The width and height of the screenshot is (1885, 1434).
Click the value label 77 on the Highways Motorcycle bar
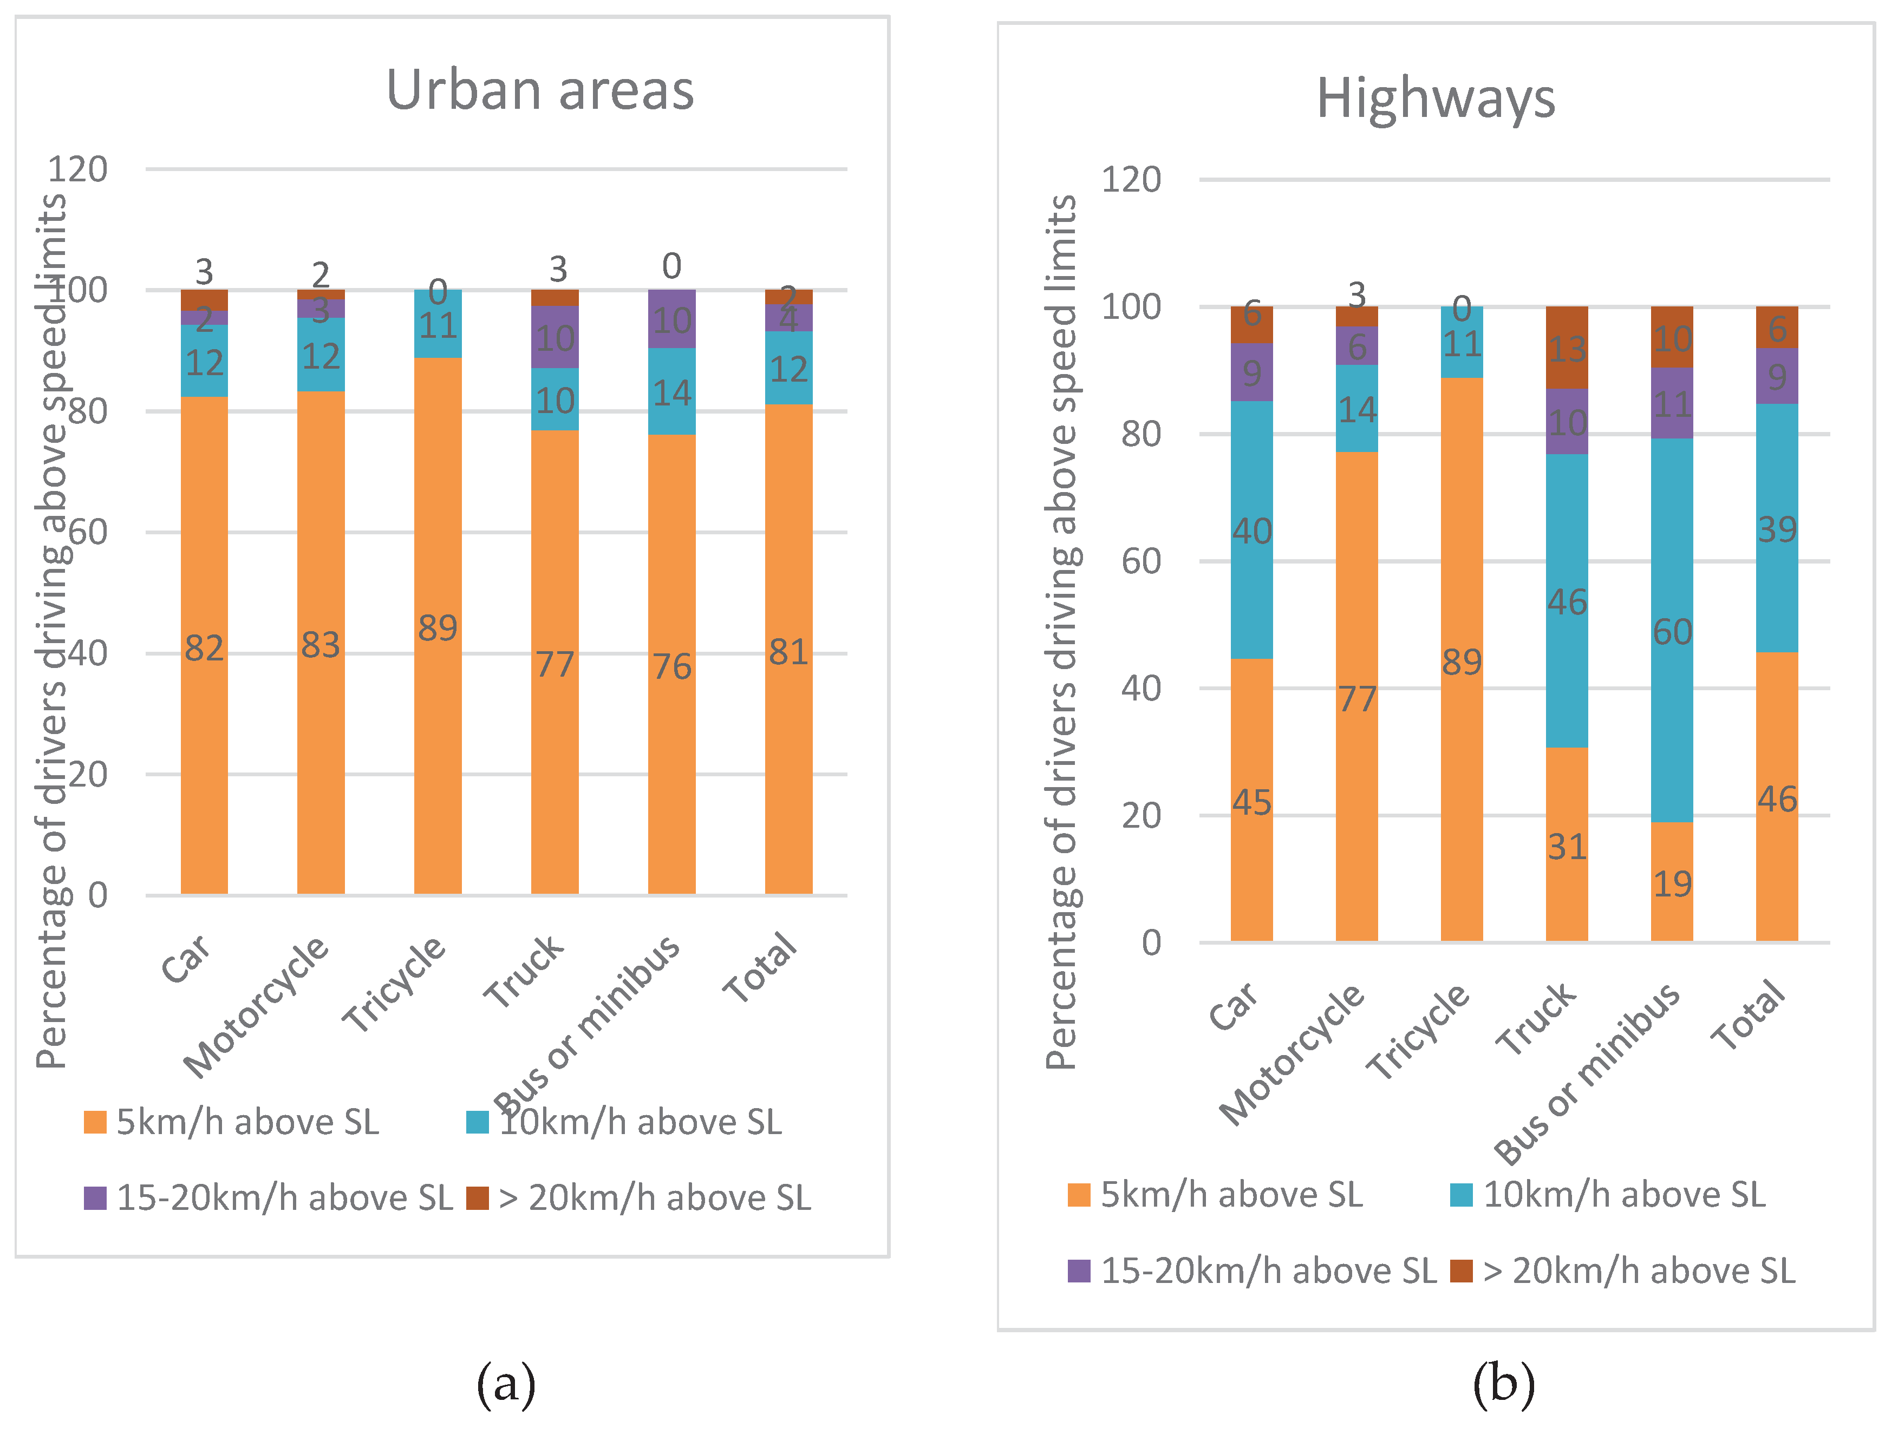tap(1356, 699)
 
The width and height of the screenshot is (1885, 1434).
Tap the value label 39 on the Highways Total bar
tap(1777, 530)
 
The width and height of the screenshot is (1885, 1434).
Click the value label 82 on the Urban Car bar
tap(204, 649)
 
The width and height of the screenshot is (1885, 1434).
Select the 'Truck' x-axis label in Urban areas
tap(523, 971)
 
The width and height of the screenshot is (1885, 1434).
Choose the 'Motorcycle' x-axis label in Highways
tap(1291, 1054)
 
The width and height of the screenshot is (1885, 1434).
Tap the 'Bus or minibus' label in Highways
tap(1586, 1073)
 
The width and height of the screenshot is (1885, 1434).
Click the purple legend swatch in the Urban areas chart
tap(95, 1197)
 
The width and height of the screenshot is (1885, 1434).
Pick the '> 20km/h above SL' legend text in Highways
tap(1639, 1271)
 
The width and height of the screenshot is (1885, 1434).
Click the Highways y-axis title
tap(1061, 632)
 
